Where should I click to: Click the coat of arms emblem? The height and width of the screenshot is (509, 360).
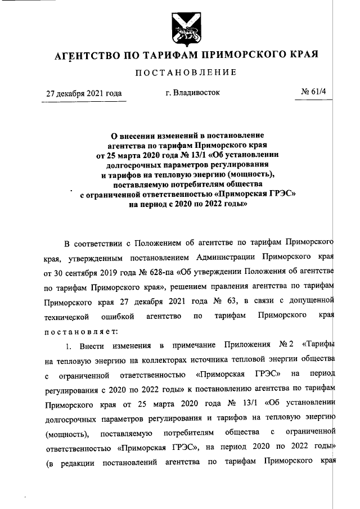[179, 29]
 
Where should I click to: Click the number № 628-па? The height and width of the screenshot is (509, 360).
[155, 272]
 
